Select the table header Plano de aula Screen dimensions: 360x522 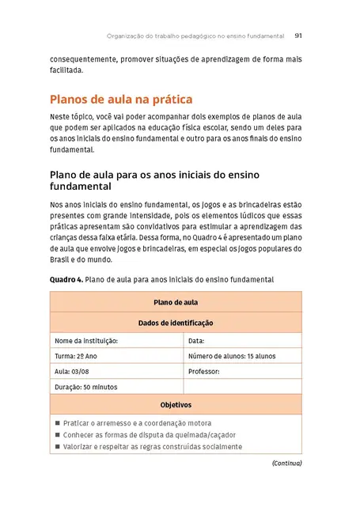pyautogui.click(x=176, y=302)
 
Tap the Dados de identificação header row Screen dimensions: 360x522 pyautogui.click(x=176, y=323)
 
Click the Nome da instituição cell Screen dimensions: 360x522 pyautogui.click(x=86, y=341)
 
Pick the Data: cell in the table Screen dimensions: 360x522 pyautogui.click(x=197, y=341)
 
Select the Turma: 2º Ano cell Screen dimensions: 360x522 pyautogui.click(x=76, y=356)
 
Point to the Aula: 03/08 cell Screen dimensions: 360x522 pyautogui.click(x=73, y=371)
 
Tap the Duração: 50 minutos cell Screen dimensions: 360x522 pyautogui.click(x=86, y=387)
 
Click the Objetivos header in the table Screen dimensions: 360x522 pyautogui.click(x=176, y=404)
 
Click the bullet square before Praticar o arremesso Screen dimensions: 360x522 pyautogui.click(x=58, y=423)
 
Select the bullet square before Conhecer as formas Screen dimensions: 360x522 pyautogui.click(x=58, y=435)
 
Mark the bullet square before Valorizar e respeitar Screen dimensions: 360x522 pyautogui.click(x=58, y=447)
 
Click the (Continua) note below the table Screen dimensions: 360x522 pyautogui.click(x=286, y=463)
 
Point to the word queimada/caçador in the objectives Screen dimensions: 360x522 pyautogui.click(x=207, y=435)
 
